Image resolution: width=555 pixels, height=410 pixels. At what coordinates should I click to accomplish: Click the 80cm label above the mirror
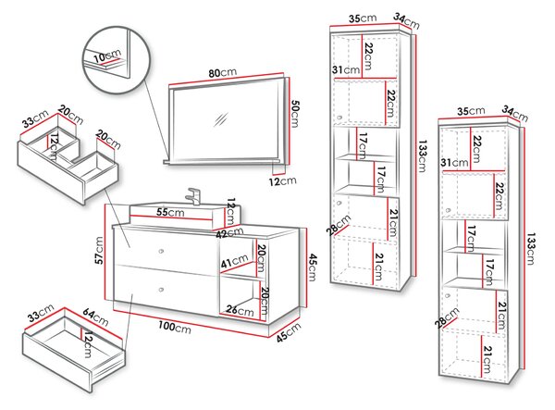222,73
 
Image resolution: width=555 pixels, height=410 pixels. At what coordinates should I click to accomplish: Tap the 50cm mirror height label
294,113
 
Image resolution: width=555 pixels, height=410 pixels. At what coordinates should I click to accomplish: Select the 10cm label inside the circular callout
107,56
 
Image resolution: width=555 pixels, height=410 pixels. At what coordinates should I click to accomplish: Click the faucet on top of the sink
193,196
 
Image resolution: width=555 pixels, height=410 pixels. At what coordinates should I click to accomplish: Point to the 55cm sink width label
170,212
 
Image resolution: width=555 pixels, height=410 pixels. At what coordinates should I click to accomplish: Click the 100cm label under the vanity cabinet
175,327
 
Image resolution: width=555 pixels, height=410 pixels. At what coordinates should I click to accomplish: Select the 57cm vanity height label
99,250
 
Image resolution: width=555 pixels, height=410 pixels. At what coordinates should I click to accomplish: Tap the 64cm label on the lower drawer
95,317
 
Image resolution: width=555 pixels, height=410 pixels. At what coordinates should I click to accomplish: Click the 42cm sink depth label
230,232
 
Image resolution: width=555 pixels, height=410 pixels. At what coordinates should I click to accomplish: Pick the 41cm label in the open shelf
234,262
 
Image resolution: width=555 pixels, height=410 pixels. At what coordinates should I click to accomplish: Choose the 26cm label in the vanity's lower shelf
240,311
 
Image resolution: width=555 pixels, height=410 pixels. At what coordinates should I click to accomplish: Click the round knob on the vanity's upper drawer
161,251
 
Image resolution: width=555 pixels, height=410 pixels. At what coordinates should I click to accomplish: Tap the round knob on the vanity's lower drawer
161,290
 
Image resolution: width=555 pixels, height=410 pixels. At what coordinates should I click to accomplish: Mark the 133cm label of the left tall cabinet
422,156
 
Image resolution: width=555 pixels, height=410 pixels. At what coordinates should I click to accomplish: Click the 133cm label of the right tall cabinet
530,249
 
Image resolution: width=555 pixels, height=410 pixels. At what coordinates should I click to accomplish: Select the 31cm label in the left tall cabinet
346,70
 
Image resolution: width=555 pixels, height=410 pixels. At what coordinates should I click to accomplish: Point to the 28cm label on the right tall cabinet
447,318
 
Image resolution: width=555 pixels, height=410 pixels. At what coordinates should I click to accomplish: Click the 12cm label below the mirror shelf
282,180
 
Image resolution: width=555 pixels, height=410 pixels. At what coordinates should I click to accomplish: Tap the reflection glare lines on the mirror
220,119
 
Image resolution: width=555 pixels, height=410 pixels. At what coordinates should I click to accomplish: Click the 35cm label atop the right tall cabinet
471,111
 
